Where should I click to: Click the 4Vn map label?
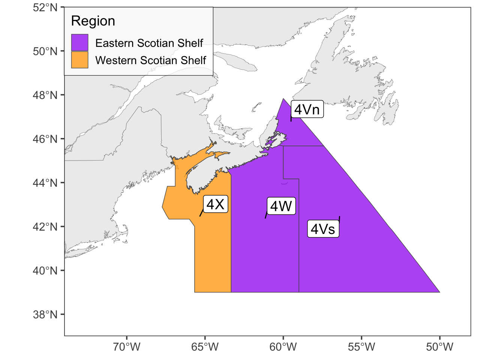[307, 109]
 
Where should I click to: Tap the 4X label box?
[216, 204]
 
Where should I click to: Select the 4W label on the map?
[281, 206]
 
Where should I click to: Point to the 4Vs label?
[323, 229]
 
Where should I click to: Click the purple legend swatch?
[80, 43]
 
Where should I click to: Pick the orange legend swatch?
[80, 60]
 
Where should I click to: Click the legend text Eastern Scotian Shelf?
[149, 43]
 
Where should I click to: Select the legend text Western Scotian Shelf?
[150, 60]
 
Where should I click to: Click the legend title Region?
[93, 21]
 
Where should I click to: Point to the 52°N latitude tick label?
[45, 7]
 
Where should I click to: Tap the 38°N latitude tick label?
[45, 314]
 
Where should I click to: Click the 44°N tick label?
[45, 183]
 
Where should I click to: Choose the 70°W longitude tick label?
[127, 347]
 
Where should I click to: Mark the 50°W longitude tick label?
[439, 347]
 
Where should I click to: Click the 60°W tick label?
[283, 347]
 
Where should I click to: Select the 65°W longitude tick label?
[205, 347]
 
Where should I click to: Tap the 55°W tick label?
[361, 347]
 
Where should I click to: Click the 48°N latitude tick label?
[45, 95]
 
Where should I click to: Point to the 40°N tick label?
[45, 270]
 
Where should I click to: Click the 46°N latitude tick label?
[45, 139]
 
